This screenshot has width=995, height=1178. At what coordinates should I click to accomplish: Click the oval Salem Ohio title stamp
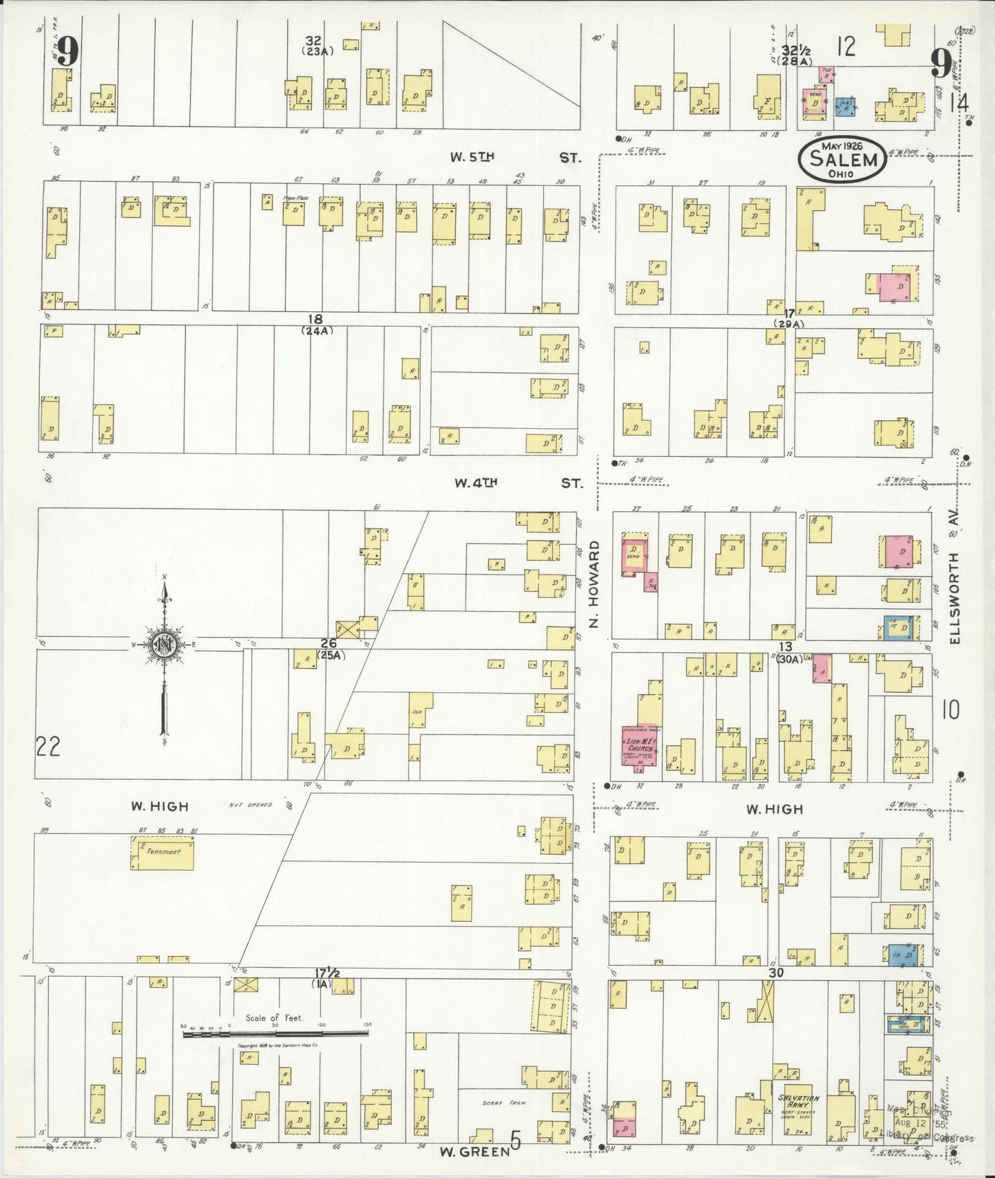[841, 159]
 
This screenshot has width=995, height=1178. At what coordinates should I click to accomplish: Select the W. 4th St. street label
[518, 483]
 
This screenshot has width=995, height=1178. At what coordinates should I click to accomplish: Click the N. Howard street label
[595, 584]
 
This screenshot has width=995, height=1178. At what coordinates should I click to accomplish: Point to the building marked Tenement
[163, 853]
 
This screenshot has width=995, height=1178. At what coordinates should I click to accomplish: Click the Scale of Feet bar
[275, 1033]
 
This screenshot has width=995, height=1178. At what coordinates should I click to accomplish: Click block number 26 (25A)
[328, 648]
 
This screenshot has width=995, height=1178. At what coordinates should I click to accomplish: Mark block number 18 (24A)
[316, 324]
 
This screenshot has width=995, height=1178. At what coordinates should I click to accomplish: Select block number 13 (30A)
[787, 652]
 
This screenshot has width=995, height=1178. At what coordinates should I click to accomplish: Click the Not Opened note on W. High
[250, 805]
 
